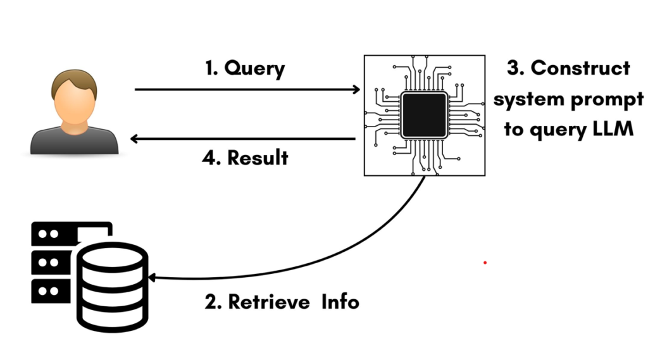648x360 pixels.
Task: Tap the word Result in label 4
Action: point(258,158)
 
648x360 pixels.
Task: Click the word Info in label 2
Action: point(340,302)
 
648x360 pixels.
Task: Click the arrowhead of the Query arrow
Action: point(356,90)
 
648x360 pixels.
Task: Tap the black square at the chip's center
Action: point(425,114)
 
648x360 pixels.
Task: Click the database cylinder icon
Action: point(113,285)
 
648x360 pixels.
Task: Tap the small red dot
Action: point(485,262)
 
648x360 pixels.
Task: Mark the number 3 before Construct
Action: point(515,68)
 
